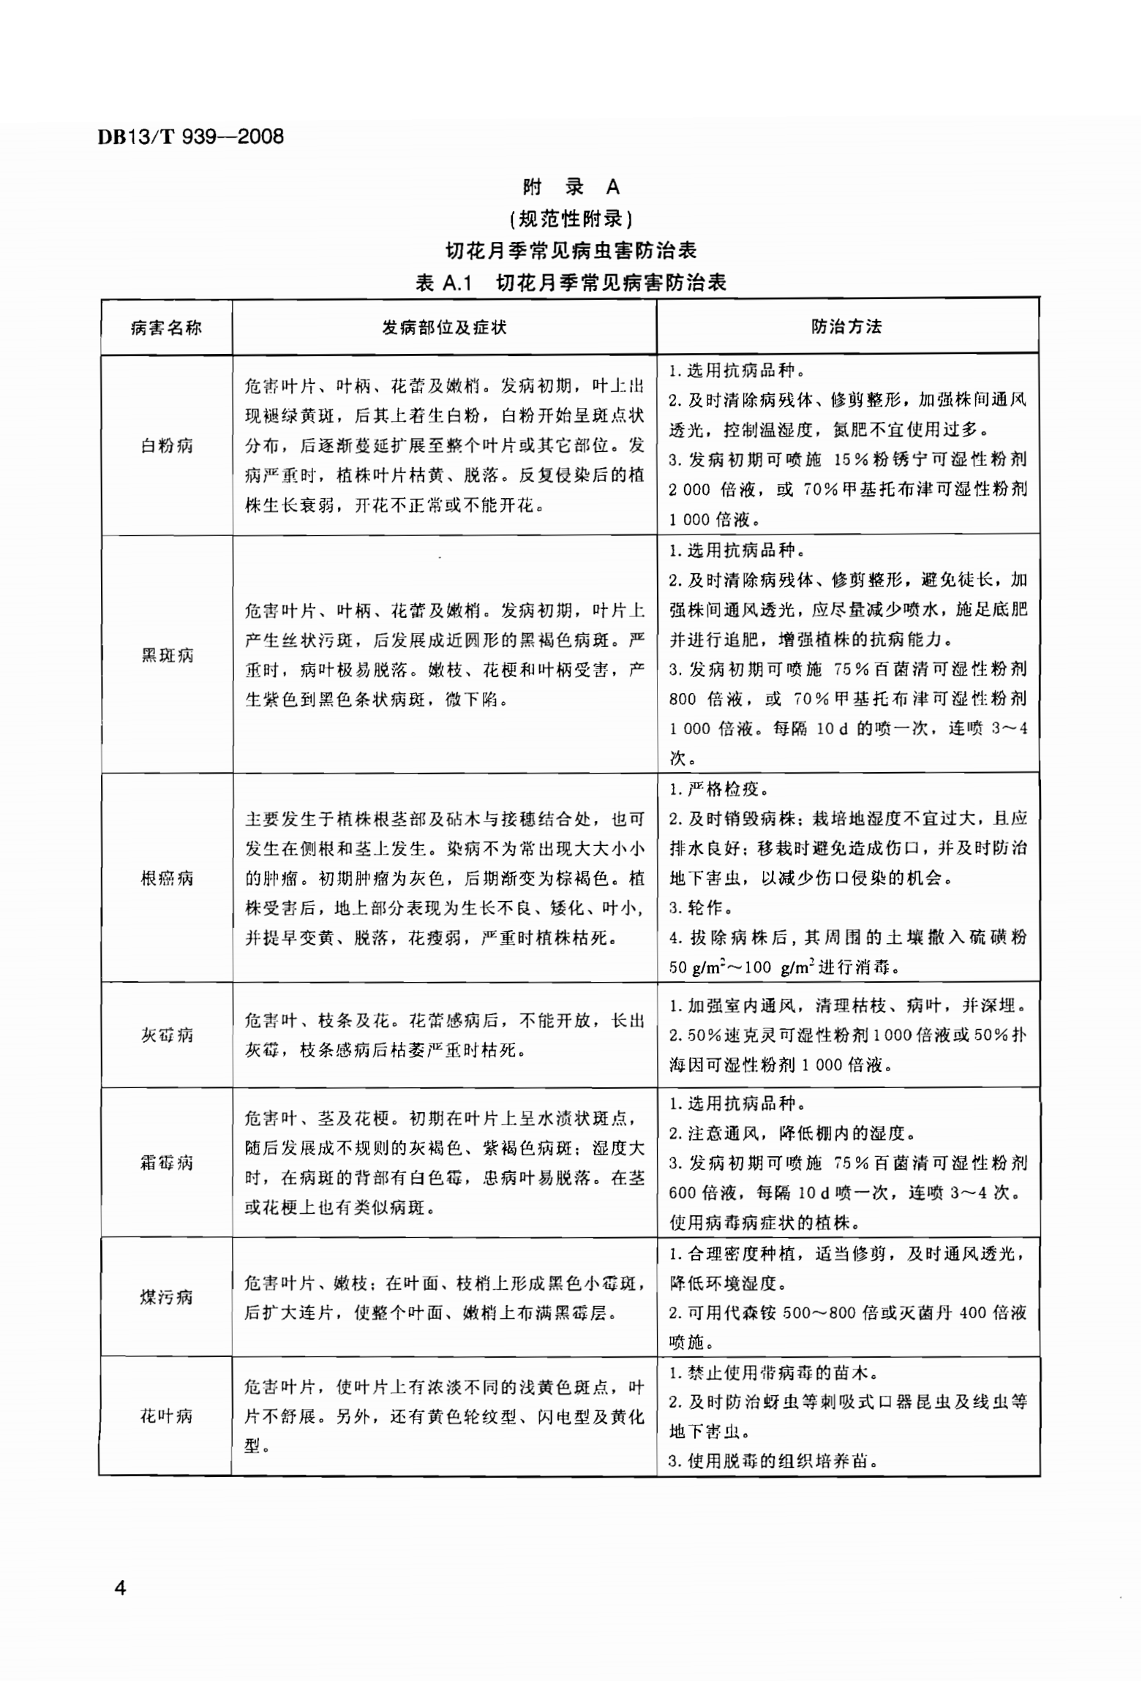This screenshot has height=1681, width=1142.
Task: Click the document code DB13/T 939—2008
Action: tap(190, 137)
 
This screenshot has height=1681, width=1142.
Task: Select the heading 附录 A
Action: tap(571, 187)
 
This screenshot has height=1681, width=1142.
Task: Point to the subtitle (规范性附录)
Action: tap(571, 219)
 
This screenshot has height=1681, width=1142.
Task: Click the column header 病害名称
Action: tap(166, 328)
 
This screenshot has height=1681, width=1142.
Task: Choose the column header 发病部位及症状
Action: tap(444, 327)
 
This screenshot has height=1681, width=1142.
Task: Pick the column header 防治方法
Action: tap(846, 326)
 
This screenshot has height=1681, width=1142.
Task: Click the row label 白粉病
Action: tap(166, 445)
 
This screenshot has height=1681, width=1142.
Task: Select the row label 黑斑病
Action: tap(166, 654)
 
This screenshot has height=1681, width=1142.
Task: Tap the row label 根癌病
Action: tap(166, 877)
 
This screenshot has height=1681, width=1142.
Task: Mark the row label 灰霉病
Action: tap(166, 1035)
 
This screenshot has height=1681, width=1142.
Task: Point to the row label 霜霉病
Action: tap(166, 1162)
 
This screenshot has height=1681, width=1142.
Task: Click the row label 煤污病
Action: tap(166, 1296)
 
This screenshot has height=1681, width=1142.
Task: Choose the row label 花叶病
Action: tap(166, 1416)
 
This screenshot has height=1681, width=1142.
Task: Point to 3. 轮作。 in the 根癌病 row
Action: tap(696, 907)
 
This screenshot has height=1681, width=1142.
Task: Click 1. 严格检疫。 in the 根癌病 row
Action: tap(718, 789)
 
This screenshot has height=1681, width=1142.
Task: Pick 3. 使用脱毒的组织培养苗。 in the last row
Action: tap(773, 1461)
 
